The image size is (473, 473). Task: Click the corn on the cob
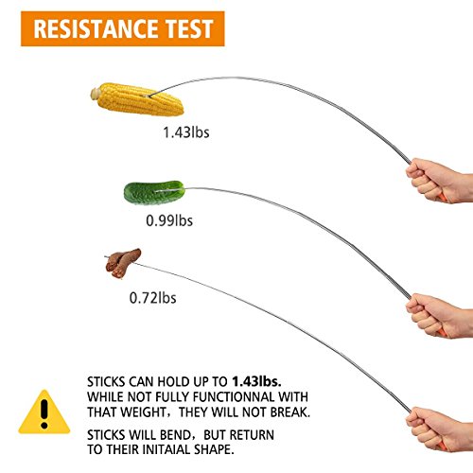(x=137, y=99)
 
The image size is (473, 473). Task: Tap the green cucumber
(x=154, y=192)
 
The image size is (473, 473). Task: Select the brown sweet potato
(x=123, y=263)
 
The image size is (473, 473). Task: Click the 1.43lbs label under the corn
(x=186, y=132)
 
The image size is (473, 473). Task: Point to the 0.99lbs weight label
(x=169, y=220)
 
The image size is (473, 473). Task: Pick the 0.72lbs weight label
(x=153, y=298)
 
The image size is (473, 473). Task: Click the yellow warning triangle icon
(x=44, y=413)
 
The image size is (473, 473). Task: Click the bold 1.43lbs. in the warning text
(x=256, y=382)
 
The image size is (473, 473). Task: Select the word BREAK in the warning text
(x=290, y=412)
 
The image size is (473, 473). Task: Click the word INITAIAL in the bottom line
(x=166, y=449)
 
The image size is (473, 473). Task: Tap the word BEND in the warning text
(x=175, y=435)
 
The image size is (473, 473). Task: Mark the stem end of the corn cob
(x=96, y=94)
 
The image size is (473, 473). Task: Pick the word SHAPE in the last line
(x=214, y=449)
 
